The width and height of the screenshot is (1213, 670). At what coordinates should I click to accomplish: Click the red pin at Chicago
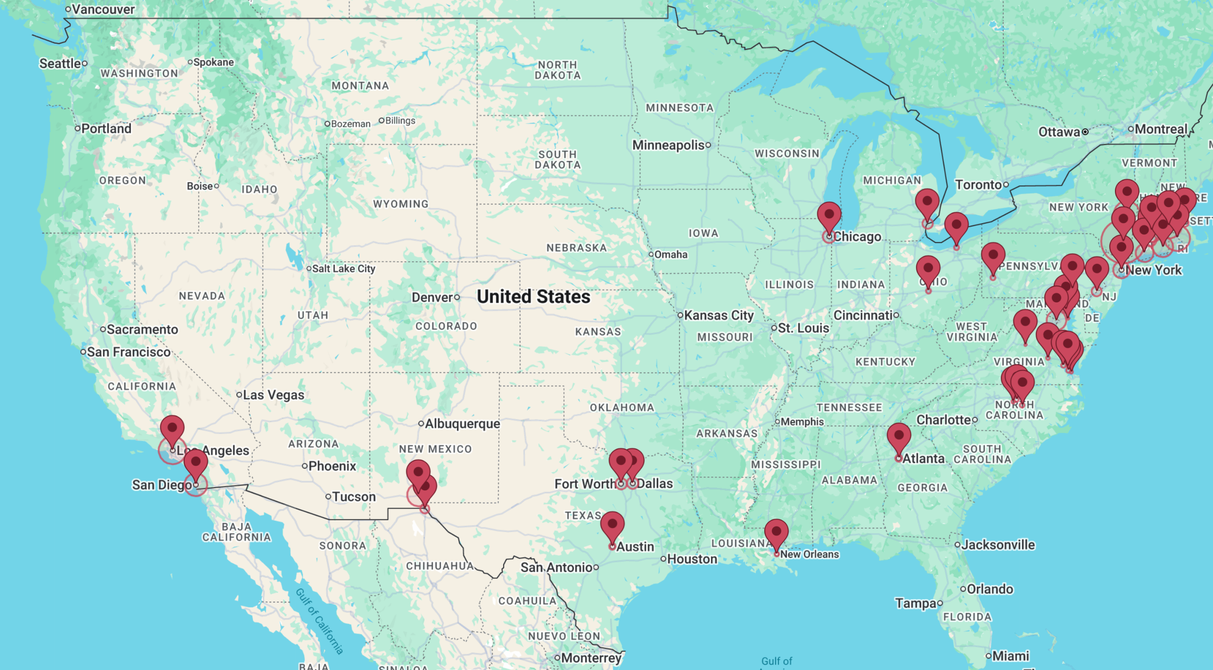coord(829,216)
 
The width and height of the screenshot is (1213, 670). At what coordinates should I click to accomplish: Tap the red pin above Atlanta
coord(898,436)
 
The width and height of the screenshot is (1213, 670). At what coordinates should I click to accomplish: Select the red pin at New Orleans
coord(776,533)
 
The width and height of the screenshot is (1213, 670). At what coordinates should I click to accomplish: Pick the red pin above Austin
coord(612,525)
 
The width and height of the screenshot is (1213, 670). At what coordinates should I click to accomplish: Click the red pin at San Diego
coord(195,462)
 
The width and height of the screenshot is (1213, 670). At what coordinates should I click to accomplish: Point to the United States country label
coord(533,297)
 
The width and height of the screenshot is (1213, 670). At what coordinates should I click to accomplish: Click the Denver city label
coord(432,298)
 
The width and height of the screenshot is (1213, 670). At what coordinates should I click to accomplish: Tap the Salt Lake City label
coord(343,269)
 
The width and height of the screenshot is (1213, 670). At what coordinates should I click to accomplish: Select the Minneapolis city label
coord(668,145)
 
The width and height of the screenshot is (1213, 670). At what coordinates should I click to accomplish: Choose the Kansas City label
coord(718,315)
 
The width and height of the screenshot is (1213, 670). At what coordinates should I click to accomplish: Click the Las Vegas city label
coord(273,395)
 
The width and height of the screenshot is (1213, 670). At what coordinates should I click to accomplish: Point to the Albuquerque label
coord(462,424)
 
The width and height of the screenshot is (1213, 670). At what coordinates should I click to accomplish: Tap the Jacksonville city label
coord(998,545)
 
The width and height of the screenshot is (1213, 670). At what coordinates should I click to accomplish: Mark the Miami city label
coord(1010,656)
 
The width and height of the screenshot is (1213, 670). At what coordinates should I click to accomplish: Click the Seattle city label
coord(60,63)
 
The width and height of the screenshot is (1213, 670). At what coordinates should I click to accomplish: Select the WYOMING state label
coord(400,204)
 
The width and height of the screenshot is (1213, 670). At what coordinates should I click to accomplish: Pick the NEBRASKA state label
coord(576,248)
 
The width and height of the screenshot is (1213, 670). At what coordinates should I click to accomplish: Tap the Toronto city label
coord(978,185)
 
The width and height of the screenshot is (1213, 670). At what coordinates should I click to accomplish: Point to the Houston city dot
coord(663,559)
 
